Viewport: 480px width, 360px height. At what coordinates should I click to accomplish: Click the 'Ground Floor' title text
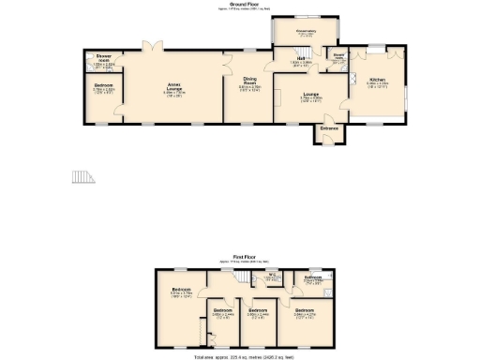(240, 5)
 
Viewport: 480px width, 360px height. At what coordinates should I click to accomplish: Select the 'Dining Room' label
(249, 81)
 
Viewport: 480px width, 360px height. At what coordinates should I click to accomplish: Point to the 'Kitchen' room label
(377, 80)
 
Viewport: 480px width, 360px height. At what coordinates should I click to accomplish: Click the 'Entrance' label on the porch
(329, 127)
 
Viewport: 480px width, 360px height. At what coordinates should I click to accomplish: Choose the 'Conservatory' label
(307, 30)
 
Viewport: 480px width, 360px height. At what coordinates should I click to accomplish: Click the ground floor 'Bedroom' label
(103, 84)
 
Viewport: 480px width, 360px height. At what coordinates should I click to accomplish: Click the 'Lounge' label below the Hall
(310, 94)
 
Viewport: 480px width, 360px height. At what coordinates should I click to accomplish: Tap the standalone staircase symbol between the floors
(84, 177)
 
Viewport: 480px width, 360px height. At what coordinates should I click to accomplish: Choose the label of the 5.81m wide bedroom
(181, 289)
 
